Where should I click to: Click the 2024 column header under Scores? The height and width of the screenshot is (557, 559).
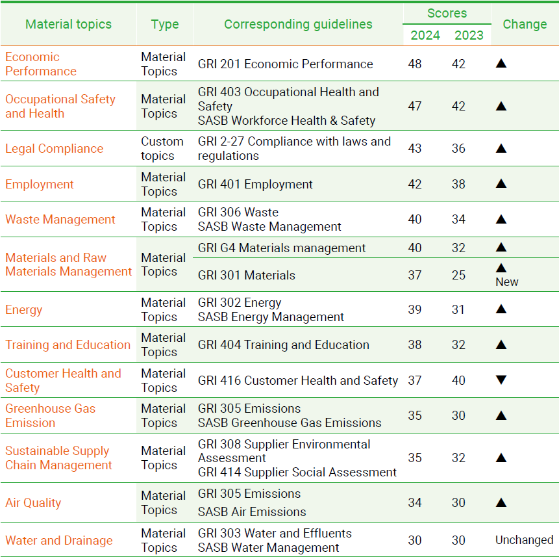(425, 35)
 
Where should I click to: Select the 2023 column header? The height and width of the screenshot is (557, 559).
(469, 35)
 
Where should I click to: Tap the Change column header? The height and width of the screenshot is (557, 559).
(525, 24)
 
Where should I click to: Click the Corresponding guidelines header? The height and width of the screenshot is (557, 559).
(298, 24)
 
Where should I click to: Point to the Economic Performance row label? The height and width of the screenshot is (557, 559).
(40, 64)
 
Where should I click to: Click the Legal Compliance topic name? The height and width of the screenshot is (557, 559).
(54, 148)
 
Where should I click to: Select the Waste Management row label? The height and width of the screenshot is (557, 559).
(60, 219)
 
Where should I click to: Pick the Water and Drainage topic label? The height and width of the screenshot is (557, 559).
(58, 540)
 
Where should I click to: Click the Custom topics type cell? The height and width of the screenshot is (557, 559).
(162, 148)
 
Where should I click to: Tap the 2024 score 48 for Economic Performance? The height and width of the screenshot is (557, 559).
(415, 64)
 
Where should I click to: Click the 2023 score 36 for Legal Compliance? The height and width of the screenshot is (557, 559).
(458, 148)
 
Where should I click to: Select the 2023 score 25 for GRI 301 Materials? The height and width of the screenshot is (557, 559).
(458, 275)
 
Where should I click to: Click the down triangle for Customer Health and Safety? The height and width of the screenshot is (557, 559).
(501, 380)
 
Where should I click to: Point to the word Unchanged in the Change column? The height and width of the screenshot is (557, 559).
(524, 540)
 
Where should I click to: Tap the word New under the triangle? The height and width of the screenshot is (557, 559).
(506, 282)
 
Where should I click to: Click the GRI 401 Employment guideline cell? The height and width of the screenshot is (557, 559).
(255, 184)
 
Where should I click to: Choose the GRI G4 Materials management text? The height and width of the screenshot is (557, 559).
(282, 248)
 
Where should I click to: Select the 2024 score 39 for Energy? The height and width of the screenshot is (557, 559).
(415, 309)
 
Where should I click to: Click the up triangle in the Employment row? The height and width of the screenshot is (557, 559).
(501, 184)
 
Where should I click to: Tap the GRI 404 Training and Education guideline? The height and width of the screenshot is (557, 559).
(283, 344)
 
